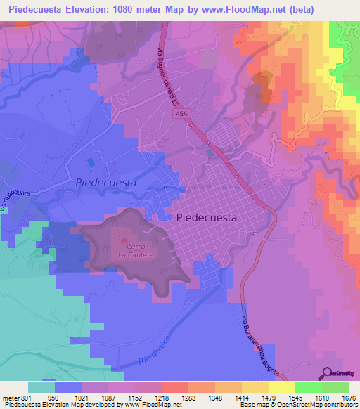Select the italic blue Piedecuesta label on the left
[105, 182]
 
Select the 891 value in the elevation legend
[27, 397]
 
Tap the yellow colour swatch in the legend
[281, 387]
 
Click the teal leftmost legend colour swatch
[41, 387]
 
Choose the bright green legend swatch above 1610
[308, 387]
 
